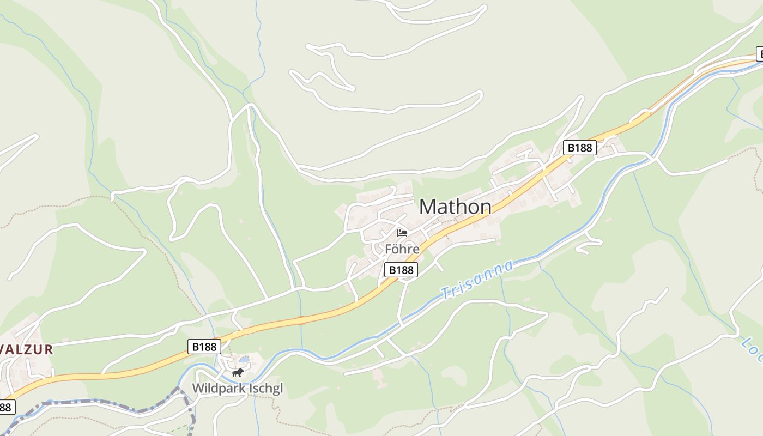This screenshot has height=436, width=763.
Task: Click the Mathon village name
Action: pos(455,207)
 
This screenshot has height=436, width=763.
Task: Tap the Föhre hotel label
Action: pos(402,249)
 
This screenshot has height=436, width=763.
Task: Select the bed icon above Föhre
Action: pos(402,233)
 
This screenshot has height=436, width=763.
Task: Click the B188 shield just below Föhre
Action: pos(401,270)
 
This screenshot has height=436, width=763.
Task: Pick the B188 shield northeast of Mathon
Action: pos(579,147)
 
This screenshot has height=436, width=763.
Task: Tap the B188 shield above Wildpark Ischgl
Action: pos(204,346)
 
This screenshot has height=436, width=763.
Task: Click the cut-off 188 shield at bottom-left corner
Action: pos(6,407)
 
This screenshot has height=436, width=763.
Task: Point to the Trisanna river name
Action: pos(477,280)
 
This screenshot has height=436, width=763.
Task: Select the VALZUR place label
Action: pos(27,350)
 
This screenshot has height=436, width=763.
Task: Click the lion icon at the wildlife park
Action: pos(237,373)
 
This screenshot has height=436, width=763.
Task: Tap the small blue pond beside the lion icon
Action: pos(244,360)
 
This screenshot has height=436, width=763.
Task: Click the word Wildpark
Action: pos(216,389)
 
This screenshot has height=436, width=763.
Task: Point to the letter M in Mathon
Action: pos(428,207)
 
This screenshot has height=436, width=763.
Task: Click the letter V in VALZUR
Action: pos(4,350)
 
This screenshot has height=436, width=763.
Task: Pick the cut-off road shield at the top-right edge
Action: pos(759,54)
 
